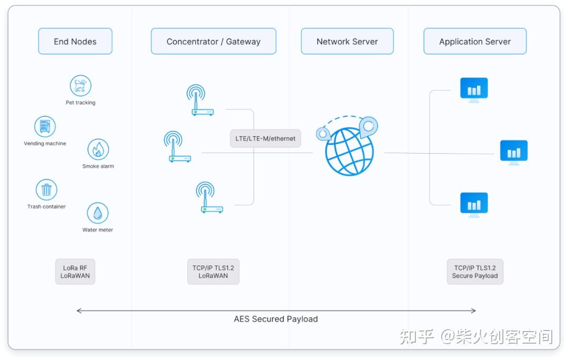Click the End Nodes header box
pos(75,42)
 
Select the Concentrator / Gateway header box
pos(214,42)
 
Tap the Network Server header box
pos(347,42)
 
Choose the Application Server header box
pos(475,42)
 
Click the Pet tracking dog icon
pos(80,86)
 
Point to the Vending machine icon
pos(45,127)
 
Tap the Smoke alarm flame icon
pos(98,149)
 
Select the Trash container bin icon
pos(46,189)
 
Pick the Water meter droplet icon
pos(97,213)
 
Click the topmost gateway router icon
pos(200,101)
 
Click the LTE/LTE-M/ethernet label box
pos(266,138)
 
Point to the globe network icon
pos(349,150)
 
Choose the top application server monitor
pos(474,89)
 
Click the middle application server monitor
pos(513,152)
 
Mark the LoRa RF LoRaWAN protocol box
pos(75,272)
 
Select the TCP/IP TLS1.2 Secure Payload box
pos(475,272)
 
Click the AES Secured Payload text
pos(276,319)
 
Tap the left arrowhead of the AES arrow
pos(79,311)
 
